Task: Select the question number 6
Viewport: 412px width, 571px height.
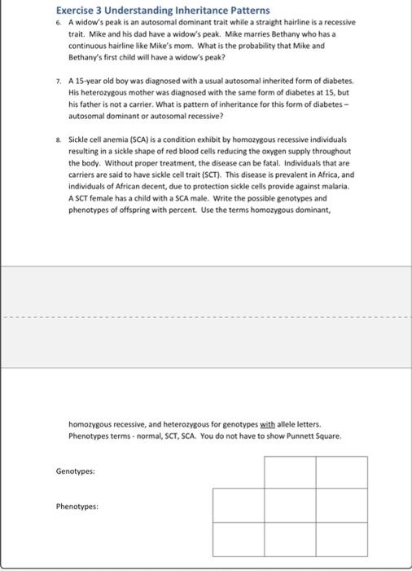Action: coord(59,23)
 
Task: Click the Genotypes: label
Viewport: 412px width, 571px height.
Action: coord(76,471)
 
